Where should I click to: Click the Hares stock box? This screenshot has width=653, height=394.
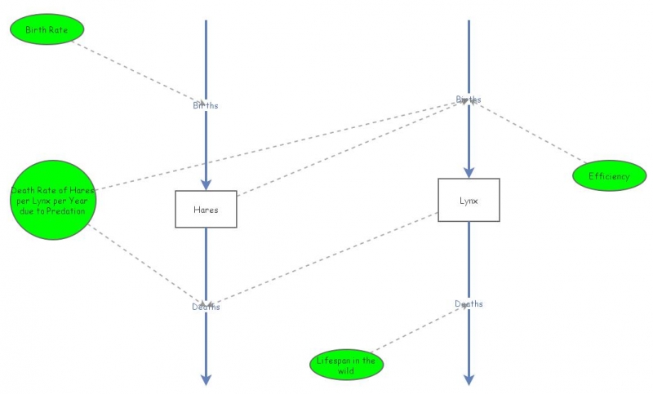coord(206,210)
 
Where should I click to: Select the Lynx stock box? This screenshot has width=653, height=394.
coord(469,200)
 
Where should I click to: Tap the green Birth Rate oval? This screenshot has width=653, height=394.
coord(47,30)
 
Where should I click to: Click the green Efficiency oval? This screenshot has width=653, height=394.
coord(610,176)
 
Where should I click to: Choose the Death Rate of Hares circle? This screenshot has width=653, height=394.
coord(53,200)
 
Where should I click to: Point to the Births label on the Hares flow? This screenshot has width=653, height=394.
coord(206,105)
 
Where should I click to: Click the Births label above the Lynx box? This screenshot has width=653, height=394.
coord(469,100)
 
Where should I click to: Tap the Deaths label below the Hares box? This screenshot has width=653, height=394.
coord(206,307)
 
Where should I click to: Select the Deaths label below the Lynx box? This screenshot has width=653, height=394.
coord(469,304)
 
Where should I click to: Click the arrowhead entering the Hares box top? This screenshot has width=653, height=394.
coord(206,184)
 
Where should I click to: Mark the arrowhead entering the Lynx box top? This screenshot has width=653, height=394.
coord(469,172)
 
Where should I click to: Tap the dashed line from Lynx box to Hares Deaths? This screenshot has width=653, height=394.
coord(326,259)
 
